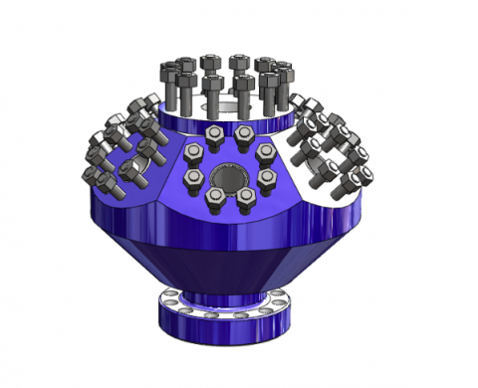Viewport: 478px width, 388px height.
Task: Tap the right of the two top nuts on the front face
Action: [x=243, y=133]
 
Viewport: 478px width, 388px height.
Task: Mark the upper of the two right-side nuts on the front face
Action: [x=266, y=152]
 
